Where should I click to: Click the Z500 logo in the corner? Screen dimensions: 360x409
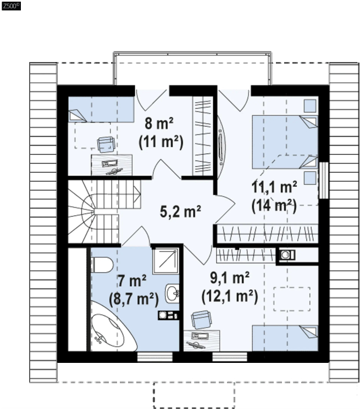click(x=11, y=5)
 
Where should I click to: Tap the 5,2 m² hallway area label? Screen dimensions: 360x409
click(x=180, y=211)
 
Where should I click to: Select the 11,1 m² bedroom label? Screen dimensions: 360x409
click(x=274, y=187)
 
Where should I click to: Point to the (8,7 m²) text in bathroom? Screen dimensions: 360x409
click(x=134, y=299)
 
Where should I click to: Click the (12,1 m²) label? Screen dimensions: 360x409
click(x=230, y=296)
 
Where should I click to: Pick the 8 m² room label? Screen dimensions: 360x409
click(x=159, y=124)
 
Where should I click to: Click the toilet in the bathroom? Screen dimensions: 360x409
click(x=102, y=265)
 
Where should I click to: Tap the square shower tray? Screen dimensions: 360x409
click(x=166, y=261)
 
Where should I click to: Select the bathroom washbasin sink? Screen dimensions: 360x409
click(x=172, y=293)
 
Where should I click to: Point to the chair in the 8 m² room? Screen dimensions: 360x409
click(x=106, y=144)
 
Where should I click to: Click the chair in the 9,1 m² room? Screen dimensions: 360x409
click(x=201, y=320)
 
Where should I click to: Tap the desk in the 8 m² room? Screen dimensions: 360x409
click(x=112, y=165)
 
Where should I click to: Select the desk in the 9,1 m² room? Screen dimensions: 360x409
click(x=202, y=341)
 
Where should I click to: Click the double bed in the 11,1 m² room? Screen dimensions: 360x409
click(x=285, y=142)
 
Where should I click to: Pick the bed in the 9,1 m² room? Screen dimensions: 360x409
click(x=285, y=338)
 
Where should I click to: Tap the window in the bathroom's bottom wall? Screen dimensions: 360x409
click(x=155, y=357)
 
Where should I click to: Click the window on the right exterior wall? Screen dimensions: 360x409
click(x=324, y=180)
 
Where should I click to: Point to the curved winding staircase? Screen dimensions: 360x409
click(x=104, y=211)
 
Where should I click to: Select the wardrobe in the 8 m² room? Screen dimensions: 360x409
click(x=203, y=136)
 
